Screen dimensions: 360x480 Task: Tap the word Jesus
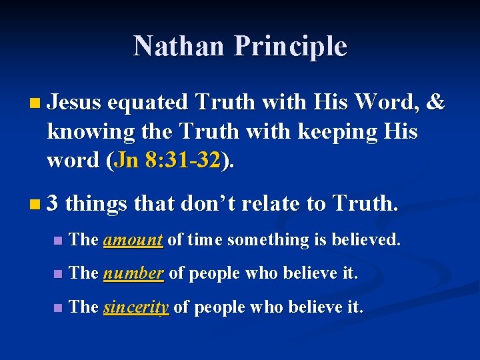(x=74, y=102)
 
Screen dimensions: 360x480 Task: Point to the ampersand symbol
(x=436, y=102)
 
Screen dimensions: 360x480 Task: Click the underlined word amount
(x=133, y=239)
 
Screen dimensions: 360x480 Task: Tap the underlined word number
(x=134, y=273)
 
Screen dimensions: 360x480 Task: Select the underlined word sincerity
(x=136, y=307)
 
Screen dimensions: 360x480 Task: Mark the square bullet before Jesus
(x=35, y=103)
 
